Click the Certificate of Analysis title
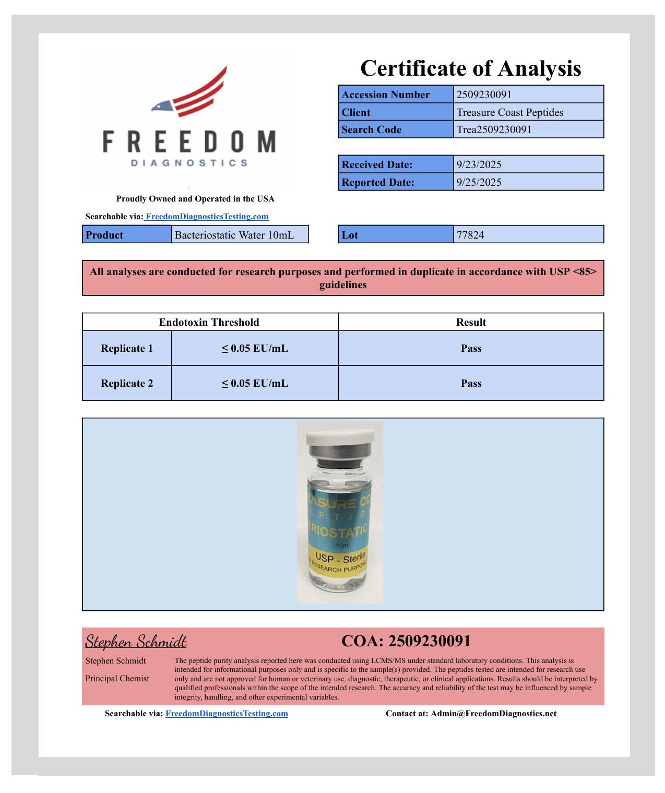470,68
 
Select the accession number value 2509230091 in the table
484,94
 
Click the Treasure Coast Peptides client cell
509,112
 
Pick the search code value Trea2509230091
494,129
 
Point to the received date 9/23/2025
479,164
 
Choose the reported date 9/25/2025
479,182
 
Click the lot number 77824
470,235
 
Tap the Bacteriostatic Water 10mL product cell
234,235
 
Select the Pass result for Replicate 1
471,348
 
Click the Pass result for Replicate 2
471,383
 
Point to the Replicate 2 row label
127,383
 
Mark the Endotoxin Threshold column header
209,322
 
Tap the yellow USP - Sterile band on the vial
339,561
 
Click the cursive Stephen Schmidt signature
136,641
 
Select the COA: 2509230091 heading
406,641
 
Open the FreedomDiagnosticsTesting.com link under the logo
207,216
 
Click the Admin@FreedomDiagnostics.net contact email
493,713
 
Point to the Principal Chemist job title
117,678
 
